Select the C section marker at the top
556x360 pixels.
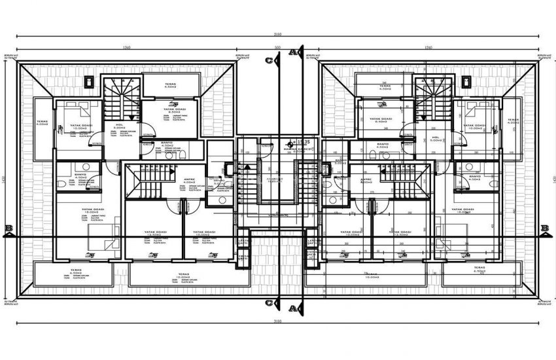point(269,60)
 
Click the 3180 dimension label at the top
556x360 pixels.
point(277,33)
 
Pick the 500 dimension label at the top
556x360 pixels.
point(277,48)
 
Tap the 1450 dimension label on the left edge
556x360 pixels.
point(5,181)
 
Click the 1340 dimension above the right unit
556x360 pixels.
point(429,48)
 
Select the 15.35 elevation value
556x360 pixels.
point(303,141)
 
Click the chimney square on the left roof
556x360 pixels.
point(88,82)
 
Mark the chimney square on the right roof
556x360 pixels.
point(466,82)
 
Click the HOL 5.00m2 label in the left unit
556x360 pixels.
point(120,128)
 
